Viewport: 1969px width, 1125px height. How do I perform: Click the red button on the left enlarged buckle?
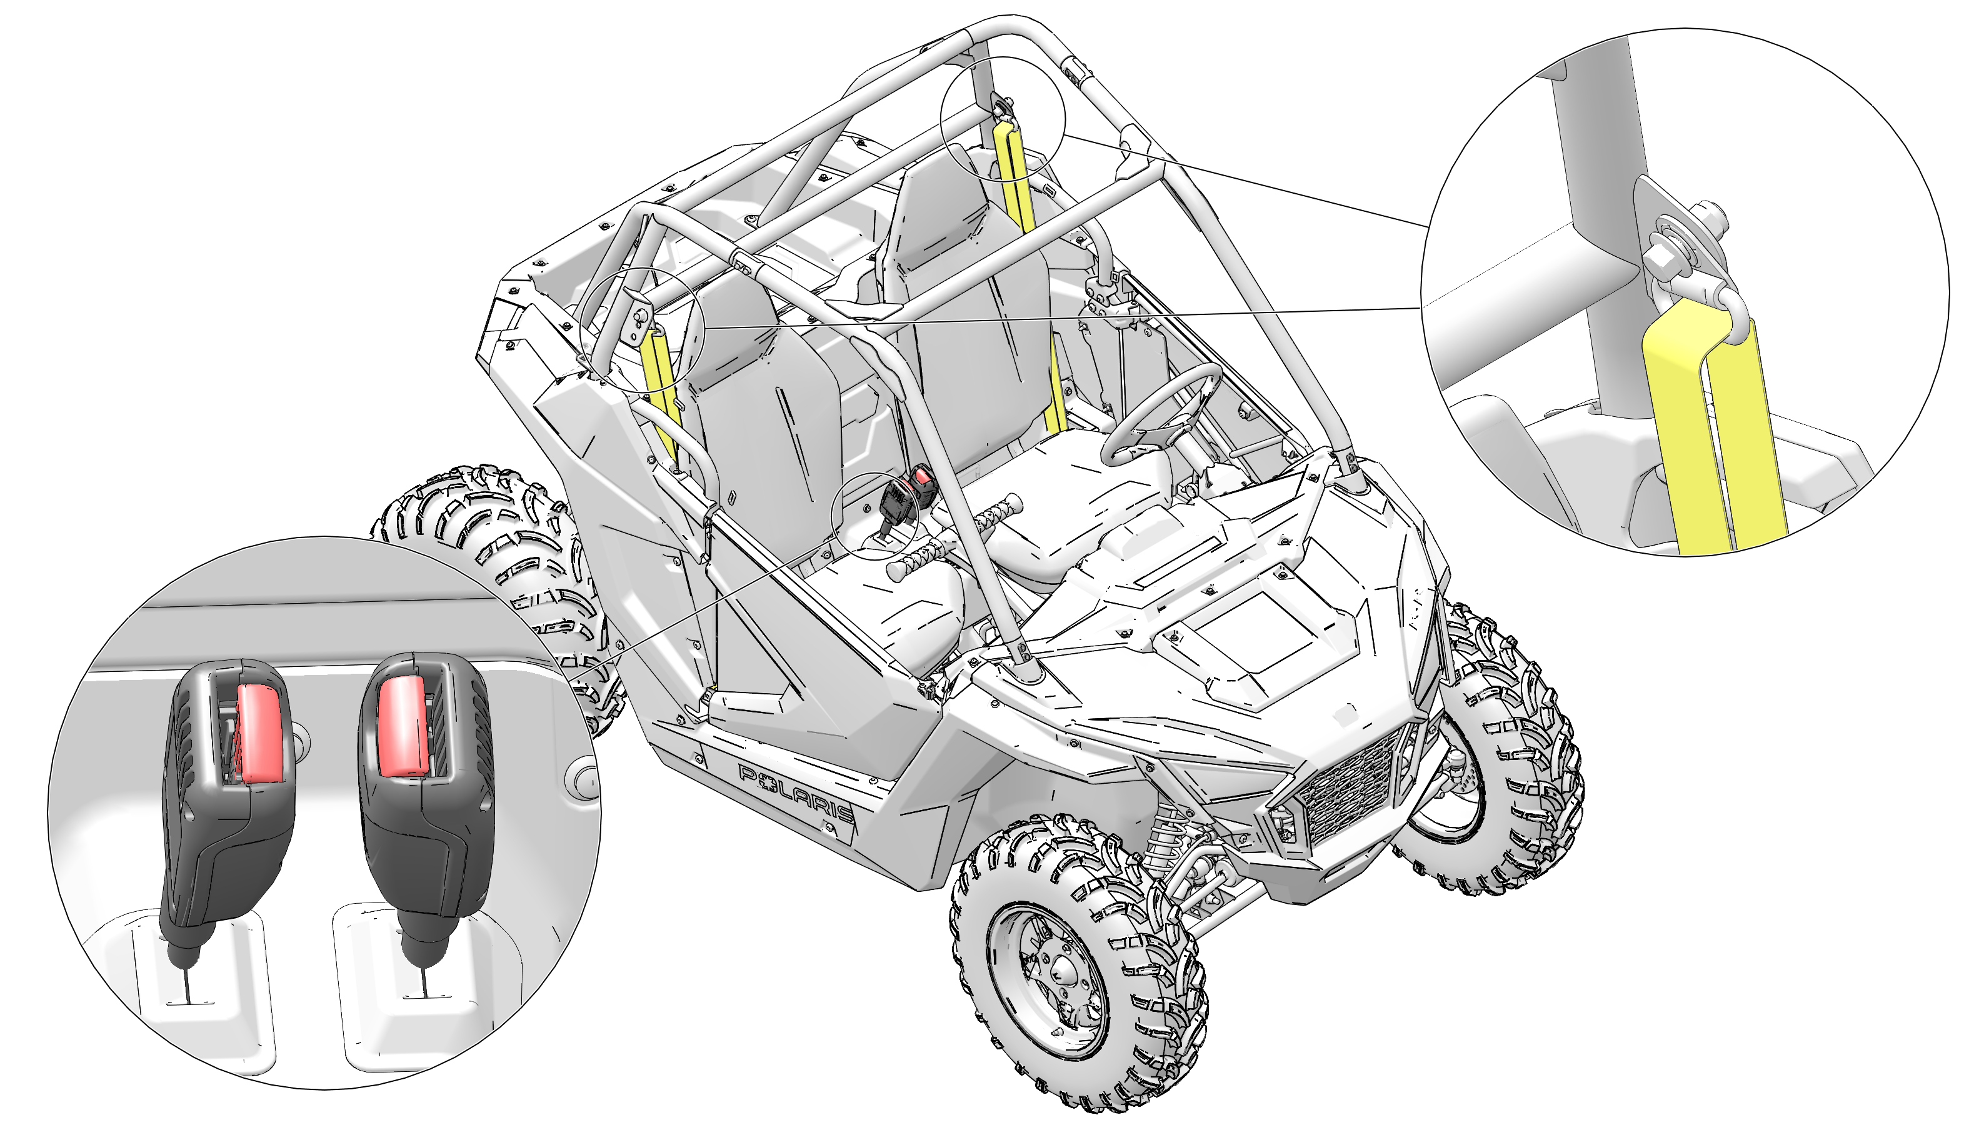(x=258, y=732)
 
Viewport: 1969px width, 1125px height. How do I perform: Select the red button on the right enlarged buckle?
(x=403, y=723)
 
